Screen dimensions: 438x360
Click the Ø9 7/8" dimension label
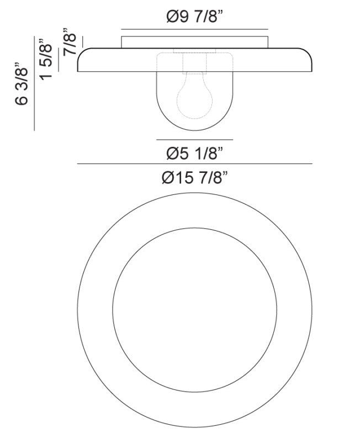(x=194, y=17)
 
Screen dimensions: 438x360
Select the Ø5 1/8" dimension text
(x=194, y=151)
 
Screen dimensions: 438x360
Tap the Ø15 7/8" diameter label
(x=194, y=178)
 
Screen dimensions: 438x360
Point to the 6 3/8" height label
(x=22, y=83)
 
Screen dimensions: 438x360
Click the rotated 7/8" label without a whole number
(x=69, y=41)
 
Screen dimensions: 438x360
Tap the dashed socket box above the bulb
(x=194, y=62)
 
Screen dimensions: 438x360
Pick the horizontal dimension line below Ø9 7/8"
(x=194, y=29)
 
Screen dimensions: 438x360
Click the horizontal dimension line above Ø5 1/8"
(x=194, y=139)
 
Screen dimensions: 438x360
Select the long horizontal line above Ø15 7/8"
(x=194, y=164)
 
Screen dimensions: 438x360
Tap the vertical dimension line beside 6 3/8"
(x=34, y=83)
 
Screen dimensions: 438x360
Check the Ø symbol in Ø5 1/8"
(x=171, y=151)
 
